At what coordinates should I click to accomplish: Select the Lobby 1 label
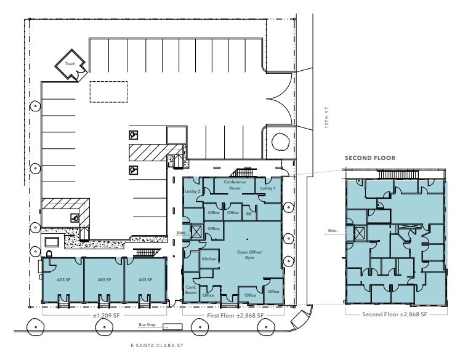click(267, 188)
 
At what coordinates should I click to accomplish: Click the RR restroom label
click(249, 214)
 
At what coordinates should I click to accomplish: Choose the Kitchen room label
click(209, 259)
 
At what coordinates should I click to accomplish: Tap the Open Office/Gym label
click(246, 255)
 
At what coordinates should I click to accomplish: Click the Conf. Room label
click(192, 290)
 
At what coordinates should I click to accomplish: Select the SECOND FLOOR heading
click(369, 158)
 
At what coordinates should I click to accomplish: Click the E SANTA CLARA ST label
click(154, 346)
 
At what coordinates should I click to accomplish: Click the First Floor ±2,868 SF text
click(235, 315)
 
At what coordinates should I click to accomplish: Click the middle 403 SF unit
click(104, 280)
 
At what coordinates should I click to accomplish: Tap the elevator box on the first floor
click(196, 232)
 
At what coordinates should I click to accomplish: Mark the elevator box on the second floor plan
click(358, 232)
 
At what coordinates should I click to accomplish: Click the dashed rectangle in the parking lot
click(108, 92)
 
